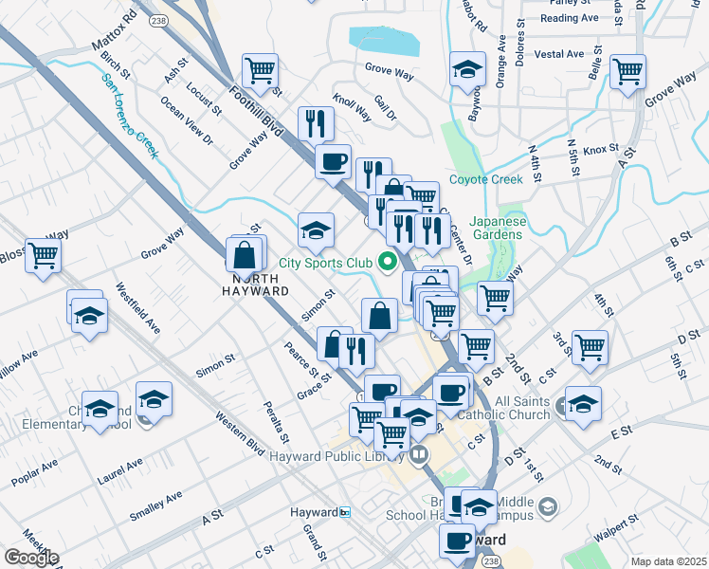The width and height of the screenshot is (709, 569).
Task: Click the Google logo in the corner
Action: coord(31,558)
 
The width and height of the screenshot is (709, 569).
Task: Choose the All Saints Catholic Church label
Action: coord(508,409)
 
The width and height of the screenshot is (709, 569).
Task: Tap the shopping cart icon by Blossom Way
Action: coord(44,254)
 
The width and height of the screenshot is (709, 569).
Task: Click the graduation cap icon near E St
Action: coord(583,402)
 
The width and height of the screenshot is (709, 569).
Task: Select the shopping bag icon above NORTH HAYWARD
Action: coord(245,254)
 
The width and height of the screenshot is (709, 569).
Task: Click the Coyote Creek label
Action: coord(486,179)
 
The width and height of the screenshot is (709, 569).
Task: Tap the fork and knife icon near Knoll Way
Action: coord(316,122)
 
